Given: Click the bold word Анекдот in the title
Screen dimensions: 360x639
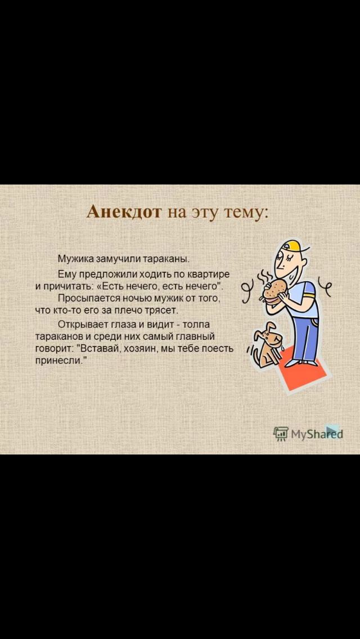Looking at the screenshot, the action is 125,212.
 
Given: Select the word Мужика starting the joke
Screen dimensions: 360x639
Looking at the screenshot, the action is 75,258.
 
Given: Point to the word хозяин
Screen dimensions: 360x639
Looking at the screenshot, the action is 137,349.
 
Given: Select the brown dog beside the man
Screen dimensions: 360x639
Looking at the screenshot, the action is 267,343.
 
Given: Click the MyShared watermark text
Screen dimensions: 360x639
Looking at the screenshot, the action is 317,434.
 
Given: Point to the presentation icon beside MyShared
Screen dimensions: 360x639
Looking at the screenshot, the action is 281,434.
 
